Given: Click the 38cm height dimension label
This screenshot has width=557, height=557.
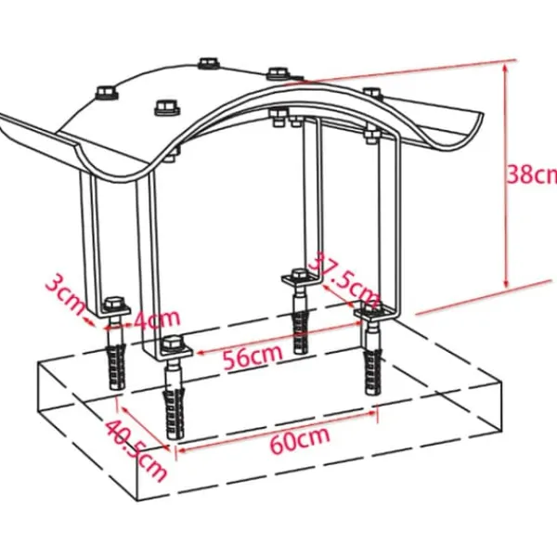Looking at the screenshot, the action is point(532,175).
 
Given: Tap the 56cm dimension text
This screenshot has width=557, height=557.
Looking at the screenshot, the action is point(253,356).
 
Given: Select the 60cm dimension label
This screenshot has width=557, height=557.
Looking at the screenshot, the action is point(300,440).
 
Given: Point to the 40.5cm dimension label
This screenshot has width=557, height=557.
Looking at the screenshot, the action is point(136,450).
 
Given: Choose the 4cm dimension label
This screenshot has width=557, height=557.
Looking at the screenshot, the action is point(156,318).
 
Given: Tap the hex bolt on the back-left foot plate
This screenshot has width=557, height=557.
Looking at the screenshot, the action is point(114,304).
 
